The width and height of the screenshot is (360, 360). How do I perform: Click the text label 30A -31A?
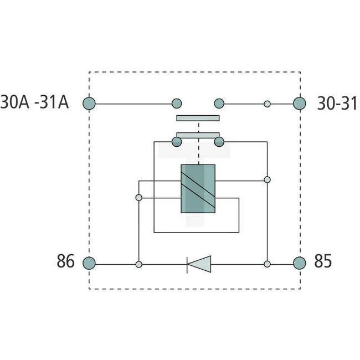35,103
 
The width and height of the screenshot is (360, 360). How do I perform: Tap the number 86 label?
66,262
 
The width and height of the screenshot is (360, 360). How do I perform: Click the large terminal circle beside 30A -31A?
89,103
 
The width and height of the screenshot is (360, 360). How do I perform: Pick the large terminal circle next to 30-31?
300,103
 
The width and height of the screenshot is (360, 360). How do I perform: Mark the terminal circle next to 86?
89,263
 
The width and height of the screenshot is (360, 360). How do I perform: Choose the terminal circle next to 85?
300,263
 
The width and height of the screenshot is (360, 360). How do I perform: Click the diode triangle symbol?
199,264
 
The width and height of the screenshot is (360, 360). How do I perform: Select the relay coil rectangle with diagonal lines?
198,189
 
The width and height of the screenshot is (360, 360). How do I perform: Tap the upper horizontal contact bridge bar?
198,118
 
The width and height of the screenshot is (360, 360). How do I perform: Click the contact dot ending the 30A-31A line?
177,103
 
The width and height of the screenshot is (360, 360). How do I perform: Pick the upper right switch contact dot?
219,103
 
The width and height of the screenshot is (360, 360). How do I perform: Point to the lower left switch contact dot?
177,142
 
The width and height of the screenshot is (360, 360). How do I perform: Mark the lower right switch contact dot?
219,142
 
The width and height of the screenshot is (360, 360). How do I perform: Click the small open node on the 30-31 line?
267,103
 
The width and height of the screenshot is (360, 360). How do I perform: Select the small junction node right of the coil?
267,180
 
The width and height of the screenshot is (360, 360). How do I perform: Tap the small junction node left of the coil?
138,197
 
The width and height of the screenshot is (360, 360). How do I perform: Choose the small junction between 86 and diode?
138,264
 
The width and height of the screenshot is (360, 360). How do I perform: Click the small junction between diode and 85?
267,264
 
